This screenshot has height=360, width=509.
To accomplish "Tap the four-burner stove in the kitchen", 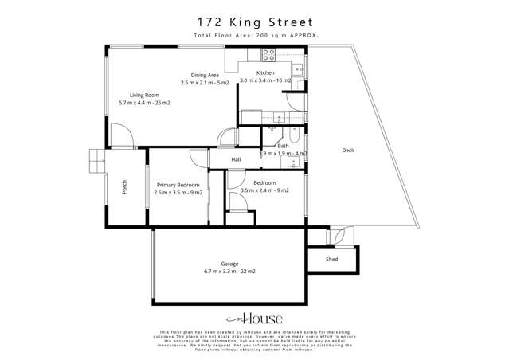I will click(268, 55).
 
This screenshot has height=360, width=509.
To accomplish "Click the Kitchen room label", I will click(266, 72).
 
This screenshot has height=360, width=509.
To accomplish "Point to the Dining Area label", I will click(205, 75).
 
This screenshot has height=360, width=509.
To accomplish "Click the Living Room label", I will click(144, 95).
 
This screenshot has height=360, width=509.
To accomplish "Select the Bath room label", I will click(283, 146).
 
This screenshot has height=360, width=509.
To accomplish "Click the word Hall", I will click(237, 160).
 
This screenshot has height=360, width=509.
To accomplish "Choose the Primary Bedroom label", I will click(178, 184).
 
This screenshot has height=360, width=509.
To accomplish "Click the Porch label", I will click(124, 188).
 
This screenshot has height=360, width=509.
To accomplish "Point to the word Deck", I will click(348, 150).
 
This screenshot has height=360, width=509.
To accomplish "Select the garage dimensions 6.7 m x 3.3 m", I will click(229, 272).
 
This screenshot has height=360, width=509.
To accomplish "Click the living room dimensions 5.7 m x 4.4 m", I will click(144, 103).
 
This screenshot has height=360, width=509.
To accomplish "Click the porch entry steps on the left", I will click(96, 161).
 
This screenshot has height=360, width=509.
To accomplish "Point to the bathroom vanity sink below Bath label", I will click(294, 162).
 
